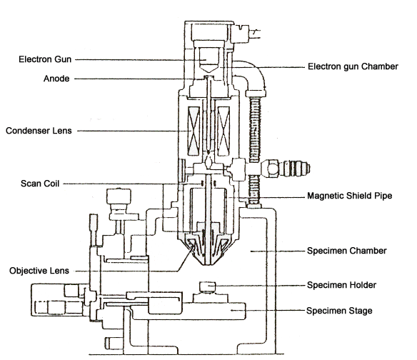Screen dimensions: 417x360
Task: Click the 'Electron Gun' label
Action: click(45, 59)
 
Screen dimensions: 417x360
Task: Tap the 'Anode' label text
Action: click(56, 79)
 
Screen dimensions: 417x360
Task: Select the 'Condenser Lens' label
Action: click(39, 131)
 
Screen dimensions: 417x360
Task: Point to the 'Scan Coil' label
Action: click(40, 184)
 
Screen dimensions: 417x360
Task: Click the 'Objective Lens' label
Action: click(39, 271)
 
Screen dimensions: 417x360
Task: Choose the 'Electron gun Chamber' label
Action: click(353, 66)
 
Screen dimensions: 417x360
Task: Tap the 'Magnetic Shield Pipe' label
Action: click(349, 196)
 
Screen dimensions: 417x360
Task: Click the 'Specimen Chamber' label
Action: click(347, 251)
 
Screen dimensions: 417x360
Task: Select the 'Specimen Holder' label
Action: click(341, 285)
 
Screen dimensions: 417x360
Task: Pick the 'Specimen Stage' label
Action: click(339, 311)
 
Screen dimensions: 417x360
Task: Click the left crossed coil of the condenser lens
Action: click(194, 131)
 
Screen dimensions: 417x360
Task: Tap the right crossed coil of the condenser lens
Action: click(223, 131)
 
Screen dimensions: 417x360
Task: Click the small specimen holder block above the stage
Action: click(208, 287)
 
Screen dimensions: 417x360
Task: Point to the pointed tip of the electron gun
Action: click(209, 72)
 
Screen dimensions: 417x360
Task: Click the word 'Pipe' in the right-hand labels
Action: click(383, 196)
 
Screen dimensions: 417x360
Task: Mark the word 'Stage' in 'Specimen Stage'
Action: click(360, 311)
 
